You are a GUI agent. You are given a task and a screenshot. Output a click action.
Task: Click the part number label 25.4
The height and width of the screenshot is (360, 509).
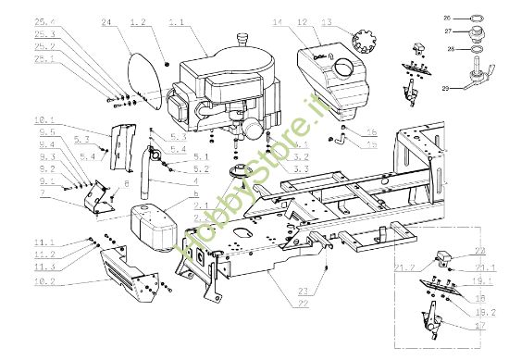click(x=45, y=20)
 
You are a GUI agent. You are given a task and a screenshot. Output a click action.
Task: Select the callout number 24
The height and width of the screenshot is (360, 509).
click(x=106, y=20)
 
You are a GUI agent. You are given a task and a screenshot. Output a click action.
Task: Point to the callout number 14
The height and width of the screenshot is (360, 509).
click(x=276, y=20)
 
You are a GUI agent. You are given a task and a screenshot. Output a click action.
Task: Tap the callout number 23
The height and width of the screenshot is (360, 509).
click(x=304, y=292)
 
